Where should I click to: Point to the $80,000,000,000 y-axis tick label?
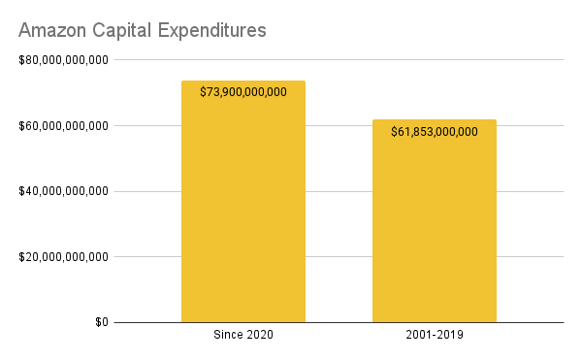pyautogui.click(x=63, y=60)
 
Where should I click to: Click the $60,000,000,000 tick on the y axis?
pyautogui.click(x=63, y=126)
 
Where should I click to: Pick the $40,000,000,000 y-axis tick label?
pyautogui.click(x=63, y=191)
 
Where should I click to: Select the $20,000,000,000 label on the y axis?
pyautogui.click(x=63, y=257)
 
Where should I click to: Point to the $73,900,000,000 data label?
pyautogui.click(x=242, y=92)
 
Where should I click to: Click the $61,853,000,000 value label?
pyautogui.click(x=435, y=132)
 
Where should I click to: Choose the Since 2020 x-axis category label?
pyautogui.click(x=242, y=336)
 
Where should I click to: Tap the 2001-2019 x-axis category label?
pyautogui.click(x=435, y=336)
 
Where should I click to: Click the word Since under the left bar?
pyautogui.click(x=226, y=336)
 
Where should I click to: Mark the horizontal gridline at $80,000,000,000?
pyautogui.click(x=339, y=60)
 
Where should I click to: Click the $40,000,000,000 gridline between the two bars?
pyautogui.click(x=339, y=191)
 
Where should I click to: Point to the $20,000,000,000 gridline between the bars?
pyautogui.click(x=339, y=257)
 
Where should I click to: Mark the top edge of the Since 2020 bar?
pyautogui.click(x=242, y=81)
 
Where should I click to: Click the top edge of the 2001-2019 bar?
pyautogui.click(x=435, y=120)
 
